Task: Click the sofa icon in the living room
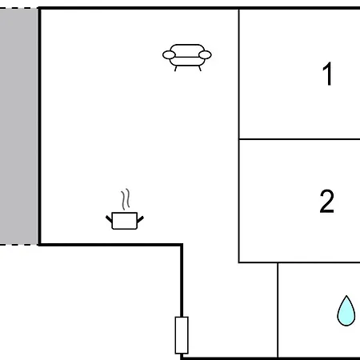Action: (187, 58)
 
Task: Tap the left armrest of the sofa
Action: (169, 55)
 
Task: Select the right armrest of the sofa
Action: (205, 55)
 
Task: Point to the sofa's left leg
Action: (175, 69)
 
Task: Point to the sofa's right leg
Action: (200, 69)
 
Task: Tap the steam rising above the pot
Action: (126, 199)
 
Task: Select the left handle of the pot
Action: (109, 219)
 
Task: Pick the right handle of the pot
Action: (141, 219)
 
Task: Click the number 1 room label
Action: (328, 74)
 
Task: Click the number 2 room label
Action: (326, 201)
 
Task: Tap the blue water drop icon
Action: (346, 310)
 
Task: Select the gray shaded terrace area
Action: (18, 126)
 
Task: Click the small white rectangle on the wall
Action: (182, 335)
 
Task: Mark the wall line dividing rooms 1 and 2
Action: (299, 139)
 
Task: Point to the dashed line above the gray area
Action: (18, 8)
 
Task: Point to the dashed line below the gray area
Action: (18, 244)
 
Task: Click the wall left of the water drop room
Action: (278, 310)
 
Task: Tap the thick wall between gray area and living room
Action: (39, 126)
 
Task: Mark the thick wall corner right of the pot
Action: (182, 245)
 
